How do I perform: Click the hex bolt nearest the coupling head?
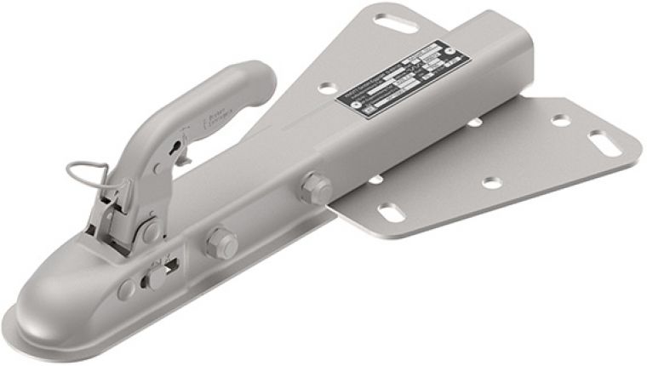tap(220, 244)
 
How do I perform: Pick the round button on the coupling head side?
tap(126, 289)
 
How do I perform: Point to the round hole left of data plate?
tap(327, 88)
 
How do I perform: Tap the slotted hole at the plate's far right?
tap(604, 142)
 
